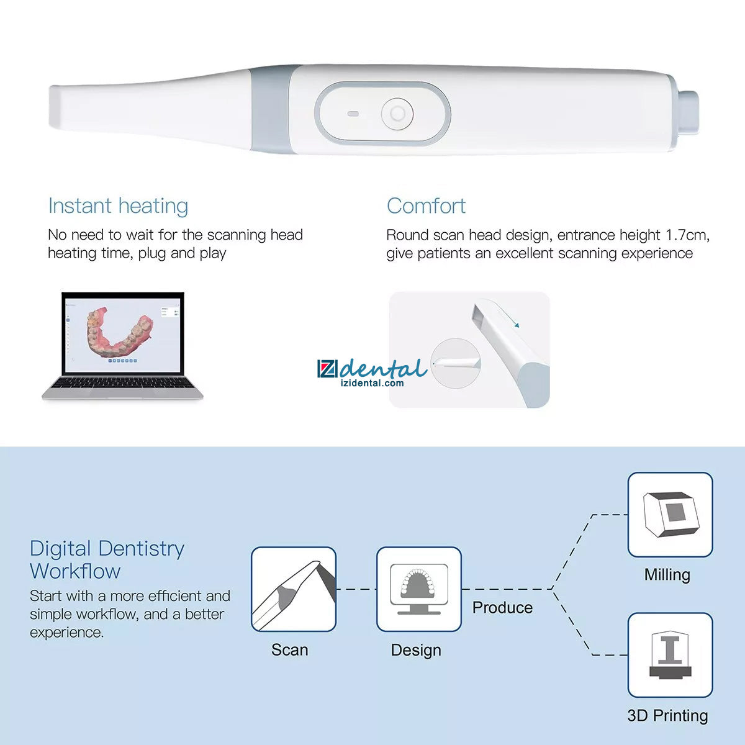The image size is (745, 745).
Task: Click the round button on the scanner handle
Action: click(397, 114)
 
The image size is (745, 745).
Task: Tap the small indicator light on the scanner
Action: click(353, 114)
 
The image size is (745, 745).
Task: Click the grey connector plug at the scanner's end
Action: click(689, 112)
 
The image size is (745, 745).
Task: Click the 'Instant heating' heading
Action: click(119, 206)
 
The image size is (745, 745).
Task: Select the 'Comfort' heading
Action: click(426, 206)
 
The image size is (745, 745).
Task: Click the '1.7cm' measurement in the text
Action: click(687, 235)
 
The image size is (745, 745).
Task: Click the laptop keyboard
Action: click(122, 384)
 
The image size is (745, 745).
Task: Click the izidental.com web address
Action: click(372, 383)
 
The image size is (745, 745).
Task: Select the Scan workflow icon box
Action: click(294, 589)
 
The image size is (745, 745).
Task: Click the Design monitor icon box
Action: click(418, 589)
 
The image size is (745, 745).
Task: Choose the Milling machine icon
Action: click(670, 515)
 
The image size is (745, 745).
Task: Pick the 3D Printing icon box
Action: click(670, 655)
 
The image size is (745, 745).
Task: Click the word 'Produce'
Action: click(502, 607)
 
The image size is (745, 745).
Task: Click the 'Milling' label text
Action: click(667, 575)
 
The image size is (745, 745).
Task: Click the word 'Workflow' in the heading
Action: click(75, 571)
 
